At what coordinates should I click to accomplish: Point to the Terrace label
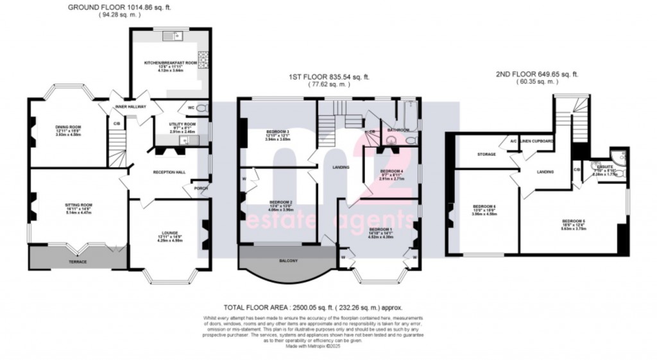click(78, 262)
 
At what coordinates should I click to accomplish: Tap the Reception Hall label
click(168, 173)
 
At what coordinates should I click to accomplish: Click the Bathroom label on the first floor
click(399, 130)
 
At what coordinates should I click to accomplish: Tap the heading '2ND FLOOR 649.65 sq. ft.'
click(536, 74)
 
